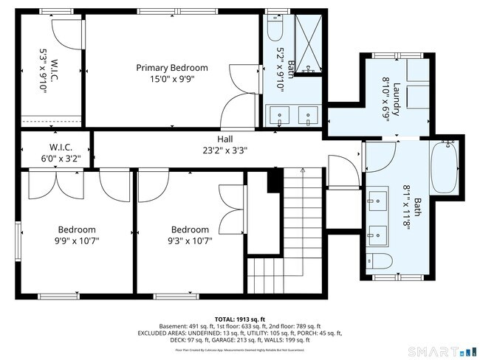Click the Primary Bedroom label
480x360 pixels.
click(172, 67)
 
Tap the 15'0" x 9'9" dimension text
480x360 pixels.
click(172, 78)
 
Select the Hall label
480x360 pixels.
click(225, 139)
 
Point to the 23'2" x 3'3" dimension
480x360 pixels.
click(225, 150)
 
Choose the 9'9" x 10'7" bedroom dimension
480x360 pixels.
click(78, 240)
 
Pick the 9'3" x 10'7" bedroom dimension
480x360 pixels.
click(190, 240)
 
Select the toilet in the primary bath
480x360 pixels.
click(275, 29)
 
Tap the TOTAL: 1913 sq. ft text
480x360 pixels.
click(239, 317)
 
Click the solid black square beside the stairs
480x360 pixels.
click(275, 180)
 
